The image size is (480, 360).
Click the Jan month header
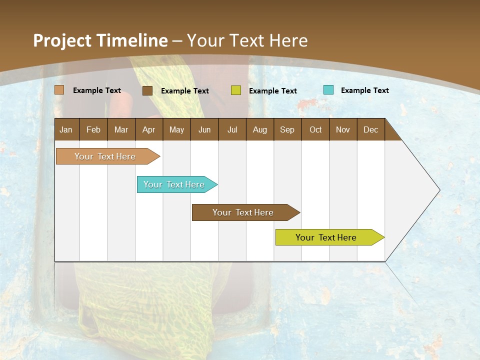tap(66, 129)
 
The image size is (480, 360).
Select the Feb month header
tap(93, 129)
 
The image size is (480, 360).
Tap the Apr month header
tap(148, 129)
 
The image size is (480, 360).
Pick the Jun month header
tap(204, 129)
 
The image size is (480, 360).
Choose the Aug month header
tap(259, 129)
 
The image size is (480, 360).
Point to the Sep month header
tap(287, 129)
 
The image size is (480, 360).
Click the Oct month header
tap(315, 129)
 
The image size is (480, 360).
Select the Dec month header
tap(370, 129)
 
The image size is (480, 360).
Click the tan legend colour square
tap(59, 90)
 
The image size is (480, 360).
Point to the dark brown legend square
tap(147, 90)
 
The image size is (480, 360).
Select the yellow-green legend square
tap(236, 90)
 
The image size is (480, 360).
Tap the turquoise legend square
tap(328, 90)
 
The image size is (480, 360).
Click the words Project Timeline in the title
tap(100, 40)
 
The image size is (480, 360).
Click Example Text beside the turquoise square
tap(364, 90)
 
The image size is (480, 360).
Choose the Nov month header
tap(343, 129)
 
